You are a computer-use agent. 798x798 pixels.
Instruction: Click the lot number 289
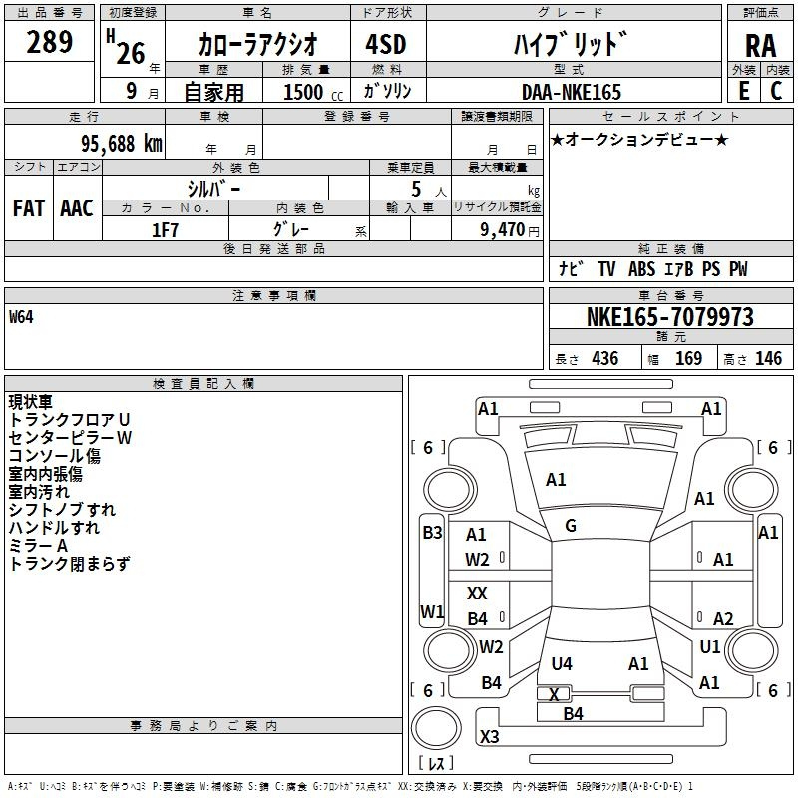click(x=49, y=43)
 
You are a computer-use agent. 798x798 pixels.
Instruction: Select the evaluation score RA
click(x=760, y=45)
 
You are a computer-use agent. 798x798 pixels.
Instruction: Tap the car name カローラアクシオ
click(x=257, y=44)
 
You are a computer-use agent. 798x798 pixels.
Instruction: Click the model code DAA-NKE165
click(x=572, y=92)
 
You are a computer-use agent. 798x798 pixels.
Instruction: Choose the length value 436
click(x=604, y=359)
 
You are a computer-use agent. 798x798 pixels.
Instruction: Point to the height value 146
click(x=768, y=359)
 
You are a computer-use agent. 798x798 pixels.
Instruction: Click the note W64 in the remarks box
click(x=22, y=318)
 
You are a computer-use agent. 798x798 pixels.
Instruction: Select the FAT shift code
click(x=28, y=207)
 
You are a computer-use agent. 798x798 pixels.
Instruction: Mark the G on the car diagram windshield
click(x=571, y=526)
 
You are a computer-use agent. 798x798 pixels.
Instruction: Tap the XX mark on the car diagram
click(x=477, y=594)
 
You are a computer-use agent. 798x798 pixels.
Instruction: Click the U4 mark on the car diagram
click(x=562, y=663)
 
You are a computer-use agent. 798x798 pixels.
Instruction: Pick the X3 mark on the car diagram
click(x=489, y=737)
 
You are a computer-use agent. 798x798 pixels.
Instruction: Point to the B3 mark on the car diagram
click(x=432, y=532)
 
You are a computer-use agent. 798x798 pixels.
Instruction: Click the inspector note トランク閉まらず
click(x=69, y=564)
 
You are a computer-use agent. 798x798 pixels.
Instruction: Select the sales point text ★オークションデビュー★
click(x=639, y=139)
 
